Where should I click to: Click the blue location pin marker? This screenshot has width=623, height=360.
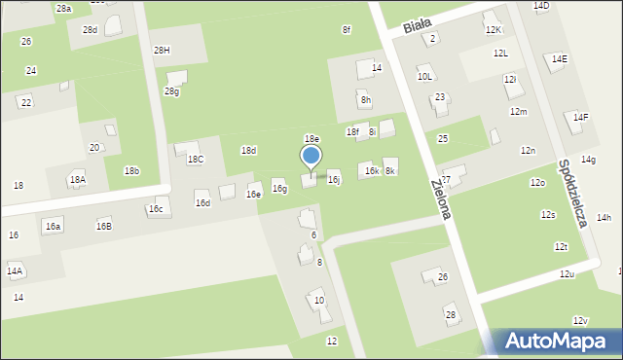(x=311, y=157)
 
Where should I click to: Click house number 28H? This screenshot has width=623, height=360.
(x=162, y=50)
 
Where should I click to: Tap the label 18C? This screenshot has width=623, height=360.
(x=196, y=159)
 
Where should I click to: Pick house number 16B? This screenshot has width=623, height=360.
(x=103, y=226)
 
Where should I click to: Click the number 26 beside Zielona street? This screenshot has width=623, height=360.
(x=442, y=277)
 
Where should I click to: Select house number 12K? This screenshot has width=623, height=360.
(x=493, y=30)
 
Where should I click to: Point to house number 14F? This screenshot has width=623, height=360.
(x=580, y=118)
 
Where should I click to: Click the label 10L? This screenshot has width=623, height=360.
(x=424, y=76)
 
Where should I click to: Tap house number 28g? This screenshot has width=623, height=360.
(x=171, y=91)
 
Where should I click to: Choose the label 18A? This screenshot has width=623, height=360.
(x=77, y=180)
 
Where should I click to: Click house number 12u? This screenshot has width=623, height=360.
(x=567, y=274)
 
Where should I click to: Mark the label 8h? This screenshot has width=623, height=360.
(x=366, y=100)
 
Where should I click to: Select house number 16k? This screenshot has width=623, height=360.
(x=371, y=170)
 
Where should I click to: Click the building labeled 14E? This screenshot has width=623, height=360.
(x=559, y=59)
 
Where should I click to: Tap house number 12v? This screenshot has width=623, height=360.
(x=580, y=321)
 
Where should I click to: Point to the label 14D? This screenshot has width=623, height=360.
(x=540, y=6)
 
